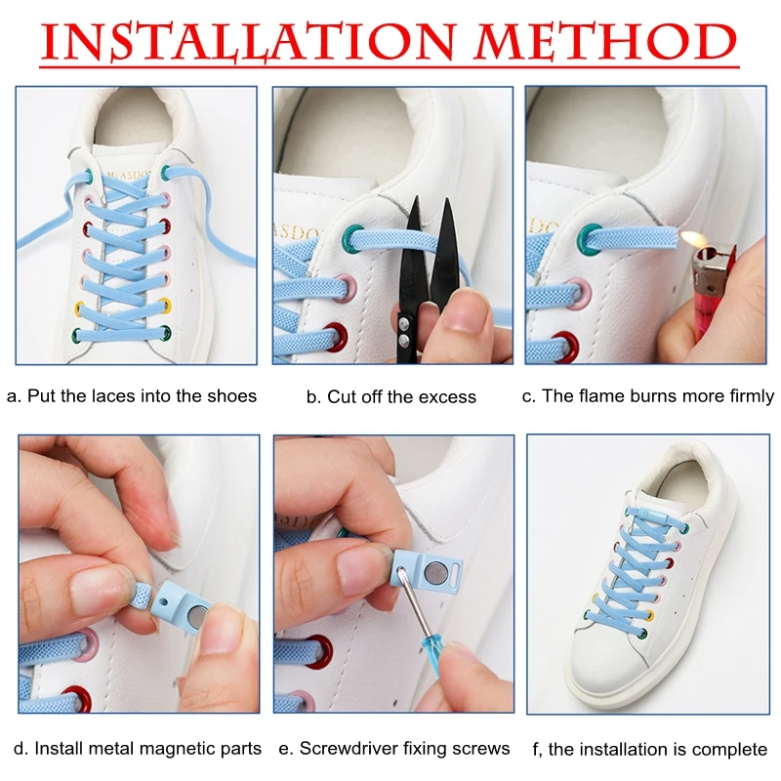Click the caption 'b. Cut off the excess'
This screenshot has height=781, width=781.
[x=391, y=396]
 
